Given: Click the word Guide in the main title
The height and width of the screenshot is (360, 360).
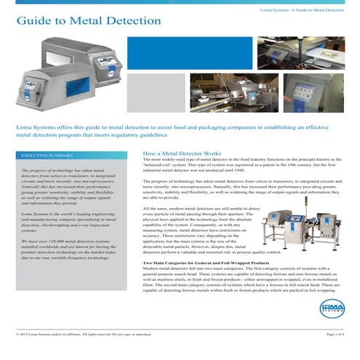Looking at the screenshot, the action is (x=32, y=20).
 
